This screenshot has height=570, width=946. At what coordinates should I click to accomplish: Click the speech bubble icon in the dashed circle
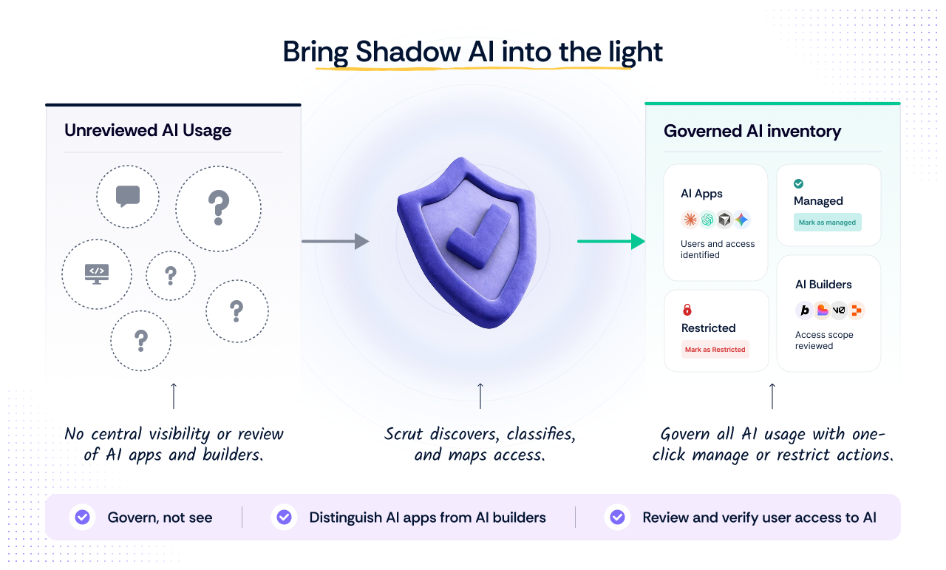pyautogui.click(x=128, y=197)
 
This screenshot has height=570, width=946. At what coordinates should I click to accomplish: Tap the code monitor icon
pyautogui.click(x=97, y=274)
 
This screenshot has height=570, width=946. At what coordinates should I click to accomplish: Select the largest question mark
pyautogui.click(x=218, y=208)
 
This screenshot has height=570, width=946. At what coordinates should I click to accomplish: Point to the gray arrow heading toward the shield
pyautogui.click(x=336, y=241)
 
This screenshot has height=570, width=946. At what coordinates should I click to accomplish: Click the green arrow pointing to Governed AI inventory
pyautogui.click(x=611, y=241)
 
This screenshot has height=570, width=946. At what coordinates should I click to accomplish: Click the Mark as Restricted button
pyautogui.click(x=715, y=350)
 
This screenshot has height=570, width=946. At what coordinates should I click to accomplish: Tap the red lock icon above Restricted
pyautogui.click(x=687, y=310)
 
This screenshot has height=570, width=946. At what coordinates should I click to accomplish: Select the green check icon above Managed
pyautogui.click(x=798, y=183)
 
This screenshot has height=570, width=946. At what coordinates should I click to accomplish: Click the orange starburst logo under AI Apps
pyautogui.click(x=690, y=220)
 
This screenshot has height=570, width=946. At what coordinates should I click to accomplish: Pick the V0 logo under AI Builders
pyautogui.click(x=839, y=311)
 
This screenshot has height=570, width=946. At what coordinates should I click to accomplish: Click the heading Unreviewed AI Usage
pyautogui.click(x=148, y=130)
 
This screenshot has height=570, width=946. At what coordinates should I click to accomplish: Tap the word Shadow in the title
pyautogui.click(x=408, y=52)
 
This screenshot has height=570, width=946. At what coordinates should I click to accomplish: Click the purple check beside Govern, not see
pyautogui.click(x=82, y=517)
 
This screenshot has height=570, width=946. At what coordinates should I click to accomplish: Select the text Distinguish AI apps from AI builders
pyautogui.click(x=427, y=518)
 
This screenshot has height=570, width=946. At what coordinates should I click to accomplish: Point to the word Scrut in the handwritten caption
pyautogui.click(x=404, y=434)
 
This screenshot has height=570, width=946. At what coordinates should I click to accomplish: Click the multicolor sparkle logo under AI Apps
pyautogui.click(x=741, y=220)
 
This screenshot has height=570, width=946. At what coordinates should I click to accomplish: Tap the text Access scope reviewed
pyautogui.click(x=824, y=340)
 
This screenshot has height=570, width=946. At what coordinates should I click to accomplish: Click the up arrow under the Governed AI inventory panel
pyautogui.click(x=772, y=396)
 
